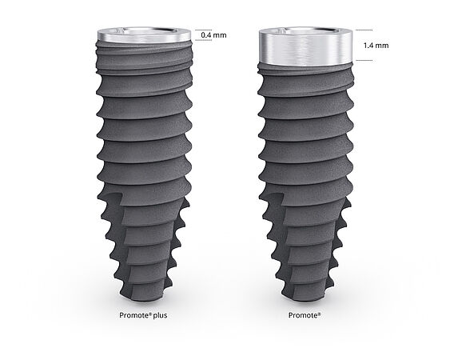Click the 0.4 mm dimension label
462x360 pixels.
213,36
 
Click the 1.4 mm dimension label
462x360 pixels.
375,46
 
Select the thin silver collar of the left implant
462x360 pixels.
144,36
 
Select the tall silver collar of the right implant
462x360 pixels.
304,50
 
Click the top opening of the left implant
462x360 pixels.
144,30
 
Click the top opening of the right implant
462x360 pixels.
304,31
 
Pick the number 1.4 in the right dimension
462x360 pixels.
369,46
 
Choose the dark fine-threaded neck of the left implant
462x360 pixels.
144,54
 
